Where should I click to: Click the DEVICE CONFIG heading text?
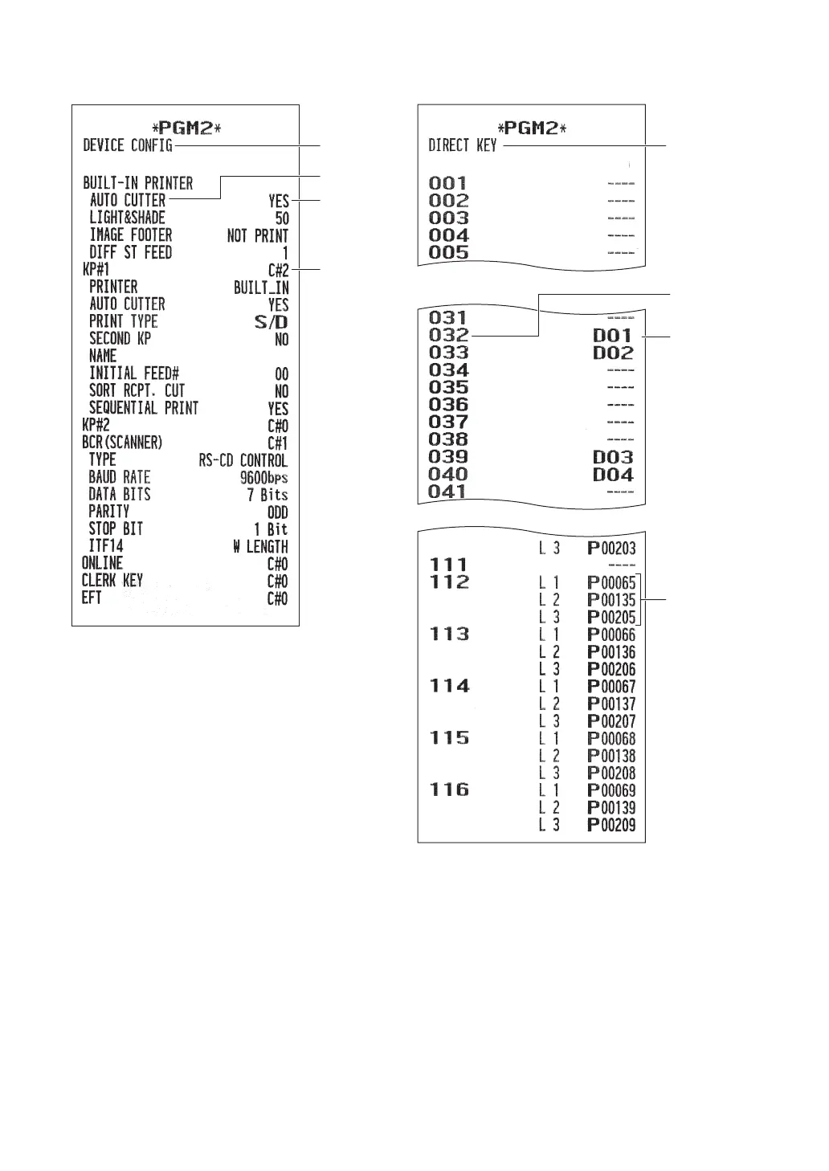pos(128,145)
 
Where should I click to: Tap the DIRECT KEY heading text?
pos(463,146)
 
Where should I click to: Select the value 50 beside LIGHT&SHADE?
pos(282,218)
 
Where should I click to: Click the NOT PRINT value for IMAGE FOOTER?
pos(258,236)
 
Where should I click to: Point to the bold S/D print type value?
pos(272,322)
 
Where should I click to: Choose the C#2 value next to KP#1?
pos(278,271)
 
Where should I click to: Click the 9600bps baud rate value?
pos(264,478)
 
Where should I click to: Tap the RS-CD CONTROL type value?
pos(243,461)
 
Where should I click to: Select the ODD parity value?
pos(277,512)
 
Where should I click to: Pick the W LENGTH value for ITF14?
pos(260,547)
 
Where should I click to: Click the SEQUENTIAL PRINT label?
pos(144,408)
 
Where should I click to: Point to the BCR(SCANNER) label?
pos(122,443)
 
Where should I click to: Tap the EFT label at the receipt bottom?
pos(92,598)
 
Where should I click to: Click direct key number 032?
pos(449,336)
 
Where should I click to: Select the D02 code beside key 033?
pos(614,353)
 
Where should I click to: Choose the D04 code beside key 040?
pos(614,475)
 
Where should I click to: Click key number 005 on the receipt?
pos(449,253)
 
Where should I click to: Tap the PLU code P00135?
pos(612,600)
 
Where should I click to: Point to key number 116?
pos(450,790)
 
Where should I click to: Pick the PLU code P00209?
pos(612,825)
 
